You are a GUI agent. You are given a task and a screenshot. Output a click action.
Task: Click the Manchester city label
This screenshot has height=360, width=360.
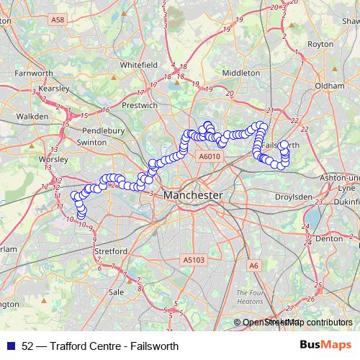point(192,195)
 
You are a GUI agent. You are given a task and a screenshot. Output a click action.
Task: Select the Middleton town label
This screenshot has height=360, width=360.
point(241,73)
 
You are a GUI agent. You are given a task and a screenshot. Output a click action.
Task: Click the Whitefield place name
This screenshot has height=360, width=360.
point(139,64)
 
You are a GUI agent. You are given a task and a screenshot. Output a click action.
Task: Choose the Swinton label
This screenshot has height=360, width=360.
point(91,143)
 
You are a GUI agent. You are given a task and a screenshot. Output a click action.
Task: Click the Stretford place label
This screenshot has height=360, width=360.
point(111,251)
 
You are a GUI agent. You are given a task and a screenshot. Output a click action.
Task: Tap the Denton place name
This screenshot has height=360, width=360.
point(328,238)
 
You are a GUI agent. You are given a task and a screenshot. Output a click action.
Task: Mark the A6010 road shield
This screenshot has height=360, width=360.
point(208,156)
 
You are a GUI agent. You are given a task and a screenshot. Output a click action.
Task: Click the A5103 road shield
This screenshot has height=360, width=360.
point(194,260)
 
